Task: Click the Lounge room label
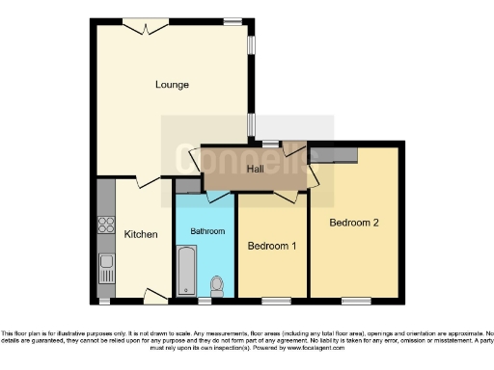172,85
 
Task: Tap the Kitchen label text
141,234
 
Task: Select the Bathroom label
206,231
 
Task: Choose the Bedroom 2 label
354,223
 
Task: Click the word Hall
256,170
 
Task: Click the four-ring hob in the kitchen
105,228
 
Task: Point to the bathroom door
219,196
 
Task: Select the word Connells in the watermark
249,154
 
